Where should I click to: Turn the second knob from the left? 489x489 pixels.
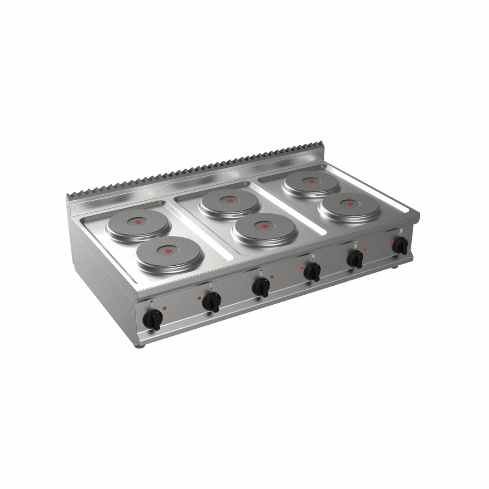tap(211, 302)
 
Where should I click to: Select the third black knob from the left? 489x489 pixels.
tap(261, 287)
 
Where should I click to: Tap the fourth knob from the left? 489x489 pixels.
tap(312, 272)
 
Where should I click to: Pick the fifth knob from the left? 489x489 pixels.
tap(355, 259)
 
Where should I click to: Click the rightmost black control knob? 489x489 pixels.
tap(400, 245)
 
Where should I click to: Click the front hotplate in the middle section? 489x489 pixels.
tap(265, 229)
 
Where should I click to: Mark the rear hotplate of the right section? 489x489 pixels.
tap(312, 183)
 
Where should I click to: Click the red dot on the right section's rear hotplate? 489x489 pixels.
tap(312, 181)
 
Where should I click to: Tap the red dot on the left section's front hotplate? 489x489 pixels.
tap(169, 250)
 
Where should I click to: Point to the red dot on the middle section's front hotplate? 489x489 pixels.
tap(265, 226)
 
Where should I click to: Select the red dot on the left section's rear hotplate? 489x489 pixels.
tap(139, 221)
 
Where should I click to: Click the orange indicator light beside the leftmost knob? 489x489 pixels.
tap(164, 308)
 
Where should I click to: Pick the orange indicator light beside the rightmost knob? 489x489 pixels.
tap(392, 241)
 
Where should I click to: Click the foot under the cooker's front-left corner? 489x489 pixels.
tap(141, 346)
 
